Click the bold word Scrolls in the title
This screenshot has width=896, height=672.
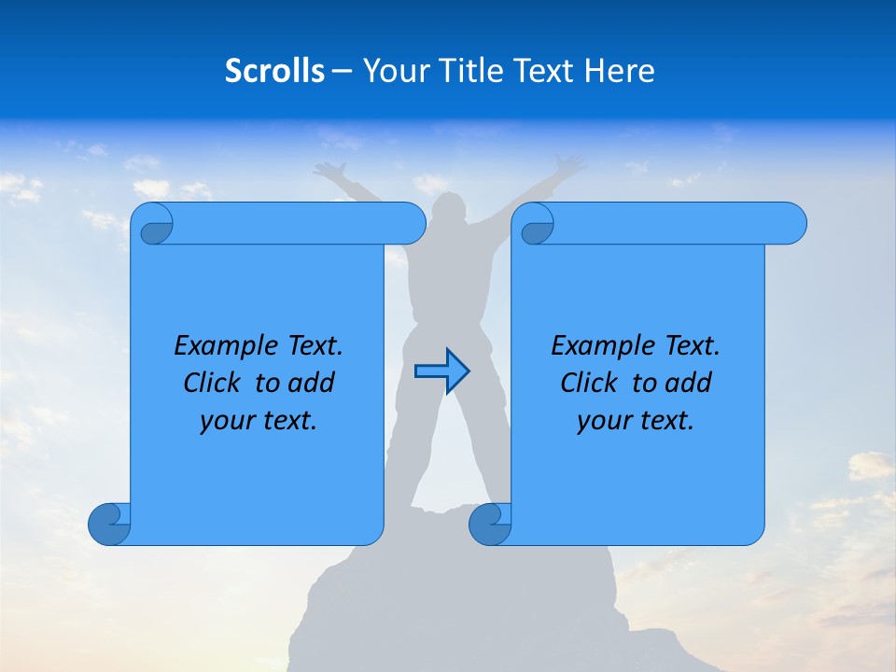click(274, 71)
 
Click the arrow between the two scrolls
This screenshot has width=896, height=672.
click(441, 371)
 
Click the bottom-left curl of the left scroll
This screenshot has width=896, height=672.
click(108, 524)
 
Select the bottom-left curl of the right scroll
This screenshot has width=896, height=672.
click(489, 524)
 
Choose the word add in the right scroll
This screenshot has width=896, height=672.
click(689, 383)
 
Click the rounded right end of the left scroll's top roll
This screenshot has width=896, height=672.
click(411, 223)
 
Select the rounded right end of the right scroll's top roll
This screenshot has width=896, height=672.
click(791, 223)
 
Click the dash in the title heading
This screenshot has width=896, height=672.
click(343, 71)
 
